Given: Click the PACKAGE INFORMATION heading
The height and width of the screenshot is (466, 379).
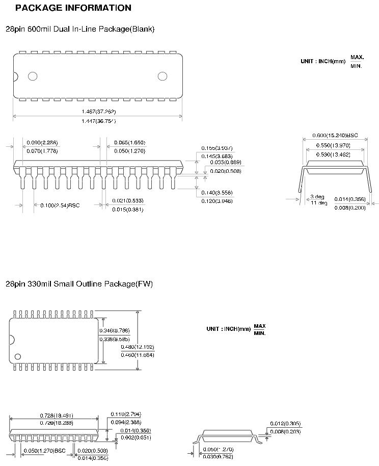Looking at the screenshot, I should click(x=73, y=8).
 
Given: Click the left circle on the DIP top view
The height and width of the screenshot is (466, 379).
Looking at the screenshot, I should click(x=33, y=76).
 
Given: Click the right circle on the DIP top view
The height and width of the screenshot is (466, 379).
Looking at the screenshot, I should click(x=163, y=76).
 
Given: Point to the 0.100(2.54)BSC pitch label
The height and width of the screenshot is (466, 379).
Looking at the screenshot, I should click(x=60, y=205).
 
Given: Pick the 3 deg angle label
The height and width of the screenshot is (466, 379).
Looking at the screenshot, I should click(x=317, y=197).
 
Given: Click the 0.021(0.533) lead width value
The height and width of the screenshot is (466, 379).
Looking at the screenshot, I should click(x=128, y=200).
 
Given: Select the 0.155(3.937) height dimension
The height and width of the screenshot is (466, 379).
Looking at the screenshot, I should click(x=216, y=147).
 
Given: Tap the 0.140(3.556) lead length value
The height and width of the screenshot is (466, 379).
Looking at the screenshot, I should click(x=216, y=192).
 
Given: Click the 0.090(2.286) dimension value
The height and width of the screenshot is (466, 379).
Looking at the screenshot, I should click(x=41, y=142).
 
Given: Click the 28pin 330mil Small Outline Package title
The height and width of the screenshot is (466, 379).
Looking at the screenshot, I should click(x=79, y=283).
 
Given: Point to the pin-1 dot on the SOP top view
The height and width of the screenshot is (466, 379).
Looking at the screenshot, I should click(x=18, y=356).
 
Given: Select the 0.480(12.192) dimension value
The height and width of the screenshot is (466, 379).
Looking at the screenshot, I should click(x=138, y=347).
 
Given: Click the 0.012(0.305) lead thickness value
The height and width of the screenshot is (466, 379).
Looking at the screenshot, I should click(x=285, y=424).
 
